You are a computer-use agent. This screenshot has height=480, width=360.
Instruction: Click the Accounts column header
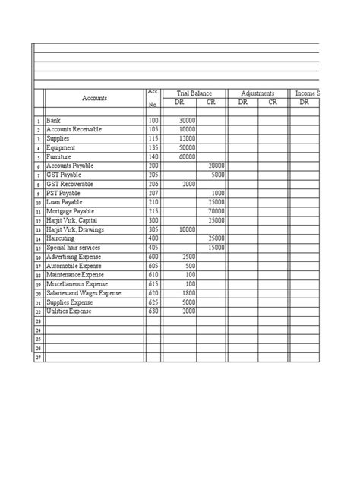(95, 98)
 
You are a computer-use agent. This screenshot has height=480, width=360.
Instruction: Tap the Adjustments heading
(257, 92)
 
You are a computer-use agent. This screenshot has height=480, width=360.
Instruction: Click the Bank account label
(53, 121)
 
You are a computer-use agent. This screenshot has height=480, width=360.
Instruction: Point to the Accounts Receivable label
(74, 130)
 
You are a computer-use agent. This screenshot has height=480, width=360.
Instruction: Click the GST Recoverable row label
(71, 184)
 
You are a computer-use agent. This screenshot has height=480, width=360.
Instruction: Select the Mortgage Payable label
(71, 210)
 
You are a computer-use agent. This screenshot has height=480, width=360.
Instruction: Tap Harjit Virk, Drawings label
(75, 229)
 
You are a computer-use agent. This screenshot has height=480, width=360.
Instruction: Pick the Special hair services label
(74, 248)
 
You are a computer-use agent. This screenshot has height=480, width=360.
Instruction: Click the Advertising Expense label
(74, 257)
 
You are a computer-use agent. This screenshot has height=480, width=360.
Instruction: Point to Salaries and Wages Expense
(84, 293)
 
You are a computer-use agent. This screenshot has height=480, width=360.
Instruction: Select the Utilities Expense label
(68, 311)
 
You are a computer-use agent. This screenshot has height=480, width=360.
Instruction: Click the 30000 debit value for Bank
(187, 121)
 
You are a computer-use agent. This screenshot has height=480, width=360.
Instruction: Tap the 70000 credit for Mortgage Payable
(216, 210)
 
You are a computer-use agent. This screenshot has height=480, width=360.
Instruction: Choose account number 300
(153, 220)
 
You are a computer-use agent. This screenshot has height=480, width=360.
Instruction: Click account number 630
(153, 311)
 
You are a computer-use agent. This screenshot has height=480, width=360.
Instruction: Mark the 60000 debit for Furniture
(187, 156)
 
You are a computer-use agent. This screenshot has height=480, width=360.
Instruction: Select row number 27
(37, 357)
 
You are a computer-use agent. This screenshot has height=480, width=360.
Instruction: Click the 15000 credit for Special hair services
(216, 248)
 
